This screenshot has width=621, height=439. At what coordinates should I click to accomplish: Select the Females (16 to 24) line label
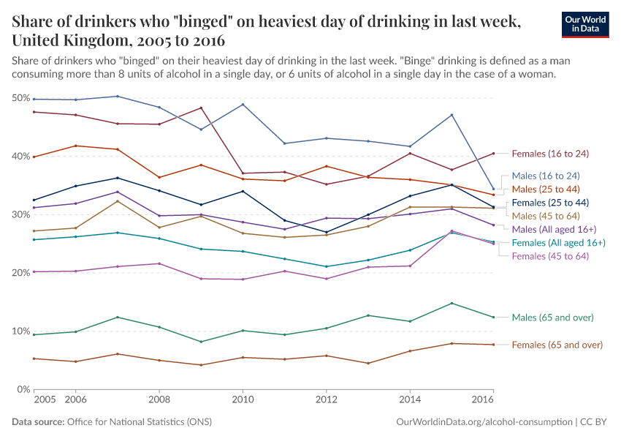click(550, 154)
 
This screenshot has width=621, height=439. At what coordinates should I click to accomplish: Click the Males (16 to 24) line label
click(546, 176)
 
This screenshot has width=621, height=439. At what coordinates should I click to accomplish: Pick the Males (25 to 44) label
click(546, 189)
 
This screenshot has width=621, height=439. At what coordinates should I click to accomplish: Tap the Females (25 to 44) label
click(550, 202)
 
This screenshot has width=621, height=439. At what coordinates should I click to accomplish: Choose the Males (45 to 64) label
click(546, 216)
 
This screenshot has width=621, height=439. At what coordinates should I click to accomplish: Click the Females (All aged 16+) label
click(558, 242)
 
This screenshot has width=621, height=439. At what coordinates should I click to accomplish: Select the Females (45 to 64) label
click(550, 255)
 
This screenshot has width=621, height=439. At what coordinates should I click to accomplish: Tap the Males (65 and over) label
click(552, 318)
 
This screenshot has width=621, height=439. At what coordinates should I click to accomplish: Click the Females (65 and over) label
click(557, 345)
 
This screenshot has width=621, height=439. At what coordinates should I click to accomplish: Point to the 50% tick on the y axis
click(20, 98)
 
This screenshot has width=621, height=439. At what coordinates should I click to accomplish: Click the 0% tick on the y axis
click(23, 389)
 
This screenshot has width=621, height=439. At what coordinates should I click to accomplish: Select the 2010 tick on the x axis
click(243, 400)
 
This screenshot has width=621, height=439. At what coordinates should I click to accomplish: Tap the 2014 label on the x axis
click(410, 400)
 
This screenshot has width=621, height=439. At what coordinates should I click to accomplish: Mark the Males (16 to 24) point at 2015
click(452, 115)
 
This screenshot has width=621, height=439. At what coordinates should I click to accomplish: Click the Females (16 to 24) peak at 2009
click(201, 108)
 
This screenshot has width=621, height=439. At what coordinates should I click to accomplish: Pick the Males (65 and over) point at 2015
click(452, 303)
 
